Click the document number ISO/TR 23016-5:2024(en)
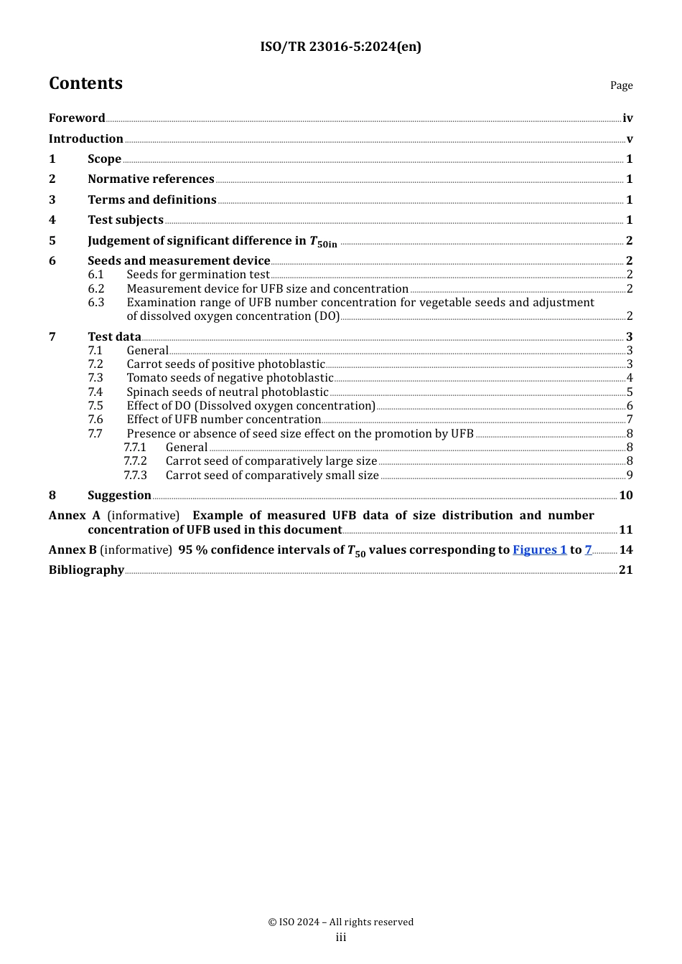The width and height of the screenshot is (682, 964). [340, 47]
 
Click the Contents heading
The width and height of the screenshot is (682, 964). [85, 83]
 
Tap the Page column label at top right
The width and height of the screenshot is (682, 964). [621, 85]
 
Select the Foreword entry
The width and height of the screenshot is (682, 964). [77, 118]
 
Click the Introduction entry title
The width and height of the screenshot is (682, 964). [86, 139]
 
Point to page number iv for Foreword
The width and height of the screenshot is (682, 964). [627, 118]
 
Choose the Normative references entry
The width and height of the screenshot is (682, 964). [151, 179]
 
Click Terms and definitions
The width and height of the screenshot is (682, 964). [152, 200]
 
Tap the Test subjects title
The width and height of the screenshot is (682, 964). [126, 220]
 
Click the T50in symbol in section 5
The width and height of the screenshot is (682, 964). [323, 242]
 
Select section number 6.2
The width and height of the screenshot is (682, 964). [96, 289]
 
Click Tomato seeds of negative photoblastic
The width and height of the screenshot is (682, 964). [230, 378]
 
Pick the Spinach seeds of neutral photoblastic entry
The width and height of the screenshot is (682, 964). [228, 392]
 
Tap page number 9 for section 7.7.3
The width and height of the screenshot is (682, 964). [630, 476]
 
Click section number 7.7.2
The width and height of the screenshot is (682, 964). [135, 461]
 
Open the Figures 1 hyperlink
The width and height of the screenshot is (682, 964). [539, 550]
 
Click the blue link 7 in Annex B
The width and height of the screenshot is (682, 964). [588, 550]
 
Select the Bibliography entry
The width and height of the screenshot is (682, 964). [86, 570]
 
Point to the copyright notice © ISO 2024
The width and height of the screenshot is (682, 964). [340, 922]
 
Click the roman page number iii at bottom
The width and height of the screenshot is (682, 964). [340, 937]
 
